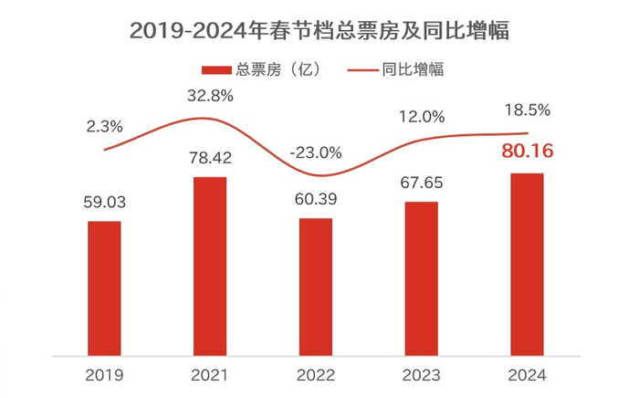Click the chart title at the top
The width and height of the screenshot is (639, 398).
(319, 30)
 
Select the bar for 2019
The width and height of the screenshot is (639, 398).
(104, 288)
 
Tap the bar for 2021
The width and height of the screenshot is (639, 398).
(211, 266)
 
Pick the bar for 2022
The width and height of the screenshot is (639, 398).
(316, 286)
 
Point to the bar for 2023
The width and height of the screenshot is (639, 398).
(422, 278)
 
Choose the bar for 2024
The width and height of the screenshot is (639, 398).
(528, 264)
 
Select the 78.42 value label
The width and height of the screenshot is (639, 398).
(211, 158)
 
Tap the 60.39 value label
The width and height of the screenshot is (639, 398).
(316, 199)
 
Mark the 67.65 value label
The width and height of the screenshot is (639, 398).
(422, 183)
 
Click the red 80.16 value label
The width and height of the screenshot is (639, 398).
(527, 152)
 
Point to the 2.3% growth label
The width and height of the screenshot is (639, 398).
(104, 125)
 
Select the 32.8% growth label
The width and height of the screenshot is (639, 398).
(211, 95)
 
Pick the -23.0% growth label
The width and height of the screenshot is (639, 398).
(316, 152)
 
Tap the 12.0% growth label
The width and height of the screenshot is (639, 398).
(422, 117)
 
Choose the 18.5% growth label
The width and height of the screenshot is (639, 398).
(527, 110)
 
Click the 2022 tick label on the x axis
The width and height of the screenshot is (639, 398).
(316, 375)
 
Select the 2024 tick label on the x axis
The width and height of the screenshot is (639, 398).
(528, 375)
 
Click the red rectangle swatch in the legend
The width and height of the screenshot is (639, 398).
(216, 69)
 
